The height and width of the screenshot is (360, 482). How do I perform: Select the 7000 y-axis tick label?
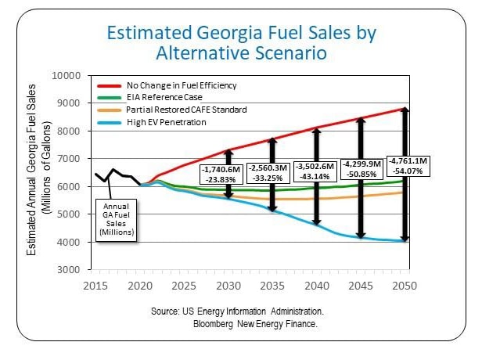point(70,159)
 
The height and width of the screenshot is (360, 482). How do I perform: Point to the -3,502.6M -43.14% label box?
point(319,172)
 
